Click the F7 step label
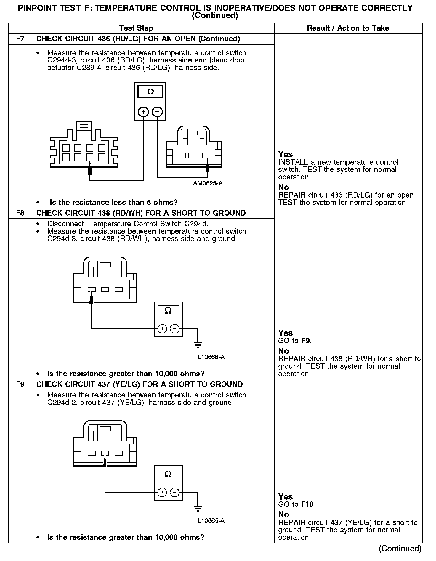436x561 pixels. click(x=20, y=39)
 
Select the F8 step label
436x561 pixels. click(x=20, y=213)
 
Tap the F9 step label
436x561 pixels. click(x=20, y=384)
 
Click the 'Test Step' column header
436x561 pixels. click(x=136, y=28)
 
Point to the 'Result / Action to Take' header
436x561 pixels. click(x=348, y=28)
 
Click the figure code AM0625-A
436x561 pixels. click(x=208, y=183)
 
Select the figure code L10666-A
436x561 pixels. click(x=211, y=357)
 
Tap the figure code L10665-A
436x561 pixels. click(x=211, y=521)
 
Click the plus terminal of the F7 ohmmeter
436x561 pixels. click(x=144, y=112)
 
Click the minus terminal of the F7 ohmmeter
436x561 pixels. click(x=157, y=112)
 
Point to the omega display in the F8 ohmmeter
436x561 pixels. click(x=168, y=311)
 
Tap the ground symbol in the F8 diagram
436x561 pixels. click(x=198, y=345)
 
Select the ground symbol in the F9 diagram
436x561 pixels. click(x=198, y=509)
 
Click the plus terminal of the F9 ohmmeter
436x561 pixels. click(x=162, y=492)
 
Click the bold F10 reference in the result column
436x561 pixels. click(x=308, y=504)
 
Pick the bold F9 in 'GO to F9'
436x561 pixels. click(x=306, y=341)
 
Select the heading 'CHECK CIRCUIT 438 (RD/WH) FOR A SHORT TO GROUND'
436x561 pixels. click(x=141, y=213)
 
